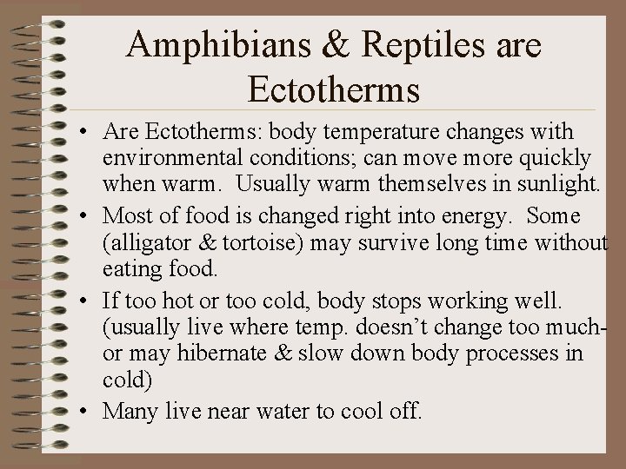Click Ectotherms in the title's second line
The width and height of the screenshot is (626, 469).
tap(334, 89)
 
